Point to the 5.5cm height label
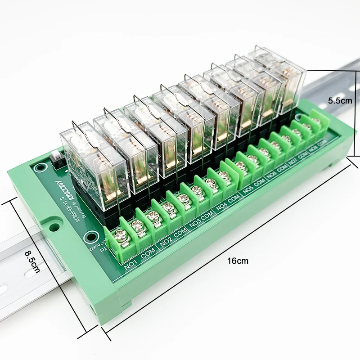coord(340,101)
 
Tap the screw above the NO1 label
coord(120,235)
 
